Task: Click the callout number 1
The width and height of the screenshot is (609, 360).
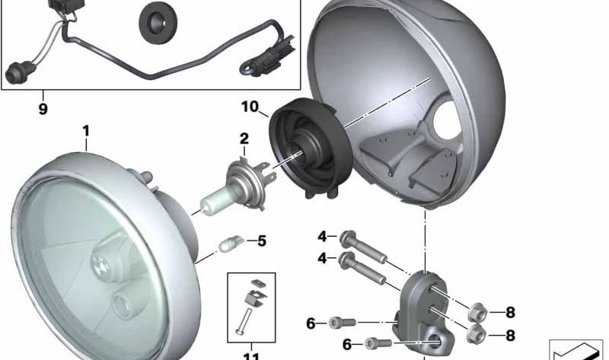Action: pos(86,130)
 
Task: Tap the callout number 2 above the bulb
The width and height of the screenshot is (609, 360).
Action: pos(244,139)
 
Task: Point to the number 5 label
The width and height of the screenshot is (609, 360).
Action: pos(261,241)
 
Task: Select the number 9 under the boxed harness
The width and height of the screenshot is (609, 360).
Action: pos(43,109)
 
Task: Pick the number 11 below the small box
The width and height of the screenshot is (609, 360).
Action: pos(251,355)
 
